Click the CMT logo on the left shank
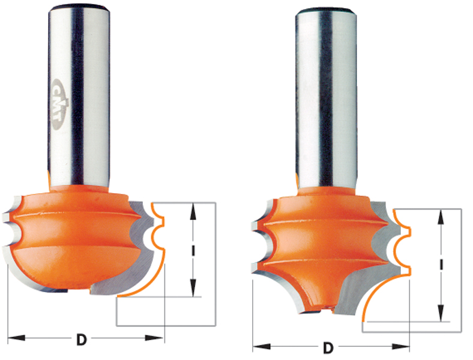(60, 104)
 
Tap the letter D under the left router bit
(82, 340)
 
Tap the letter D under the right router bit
(328, 348)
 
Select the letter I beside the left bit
(193, 250)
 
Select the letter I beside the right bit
(441, 265)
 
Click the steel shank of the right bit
(326, 100)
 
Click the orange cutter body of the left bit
(76, 238)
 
